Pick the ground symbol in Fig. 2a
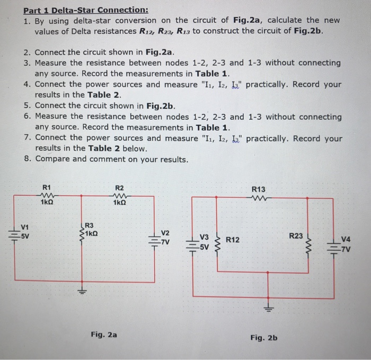point(81,290)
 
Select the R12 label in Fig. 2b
point(232,240)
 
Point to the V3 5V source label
point(204,242)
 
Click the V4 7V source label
point(347,242)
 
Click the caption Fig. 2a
point(104,335)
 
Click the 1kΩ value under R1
point(47,203)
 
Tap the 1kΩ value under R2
point(120,203)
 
